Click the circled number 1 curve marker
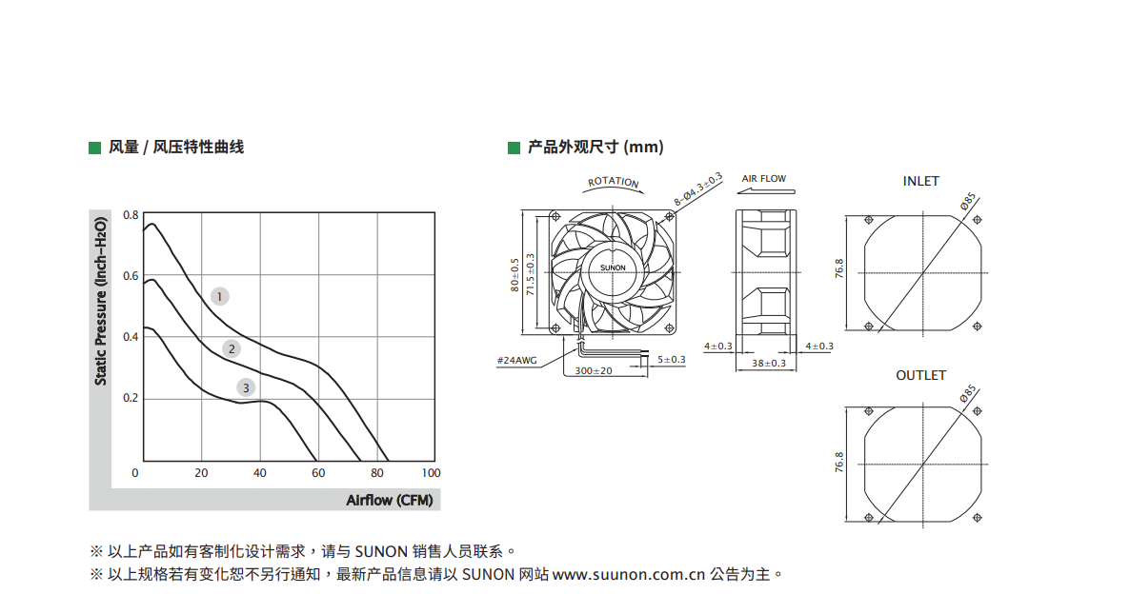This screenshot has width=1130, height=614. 220,297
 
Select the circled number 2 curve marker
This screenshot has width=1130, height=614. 232,349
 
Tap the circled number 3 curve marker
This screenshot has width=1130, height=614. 246,388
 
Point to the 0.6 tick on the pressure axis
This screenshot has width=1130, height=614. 131,276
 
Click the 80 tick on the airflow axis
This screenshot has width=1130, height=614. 377,473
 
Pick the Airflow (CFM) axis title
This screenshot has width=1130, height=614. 389,501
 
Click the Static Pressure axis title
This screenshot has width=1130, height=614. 101,301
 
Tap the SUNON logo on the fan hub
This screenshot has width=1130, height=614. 614,267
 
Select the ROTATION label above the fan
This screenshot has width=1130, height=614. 614,182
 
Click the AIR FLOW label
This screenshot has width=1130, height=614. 764,179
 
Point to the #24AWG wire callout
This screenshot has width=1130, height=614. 516,361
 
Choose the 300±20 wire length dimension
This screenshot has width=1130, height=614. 593,370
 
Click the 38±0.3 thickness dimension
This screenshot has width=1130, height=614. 769,364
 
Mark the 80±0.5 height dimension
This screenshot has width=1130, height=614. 515,275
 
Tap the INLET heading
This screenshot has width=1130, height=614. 921,182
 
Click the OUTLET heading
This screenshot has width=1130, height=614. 921,376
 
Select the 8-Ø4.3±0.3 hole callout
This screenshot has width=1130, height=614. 697,189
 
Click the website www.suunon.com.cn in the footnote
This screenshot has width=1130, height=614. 629,574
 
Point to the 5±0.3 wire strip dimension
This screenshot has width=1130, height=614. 671,359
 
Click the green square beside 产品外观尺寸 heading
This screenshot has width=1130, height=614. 514,149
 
